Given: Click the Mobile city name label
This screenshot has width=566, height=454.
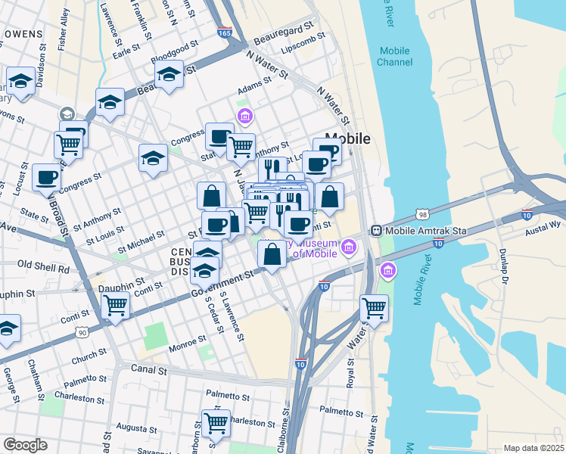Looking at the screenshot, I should point(347,138).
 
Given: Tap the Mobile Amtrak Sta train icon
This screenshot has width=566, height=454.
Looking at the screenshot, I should point(375,230).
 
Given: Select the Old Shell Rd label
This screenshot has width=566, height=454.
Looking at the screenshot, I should point(43,266).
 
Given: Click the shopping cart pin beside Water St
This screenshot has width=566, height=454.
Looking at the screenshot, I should point(374,307).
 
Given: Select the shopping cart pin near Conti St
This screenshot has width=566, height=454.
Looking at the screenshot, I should point(115,306).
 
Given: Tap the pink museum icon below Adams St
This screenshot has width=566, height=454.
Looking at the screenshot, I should point(244,116).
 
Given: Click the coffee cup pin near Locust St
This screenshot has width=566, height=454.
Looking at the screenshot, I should point(47,178).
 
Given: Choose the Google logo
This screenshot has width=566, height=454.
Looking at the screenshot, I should point(25,444).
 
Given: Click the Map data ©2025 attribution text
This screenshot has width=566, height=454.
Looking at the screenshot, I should point(533,448).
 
